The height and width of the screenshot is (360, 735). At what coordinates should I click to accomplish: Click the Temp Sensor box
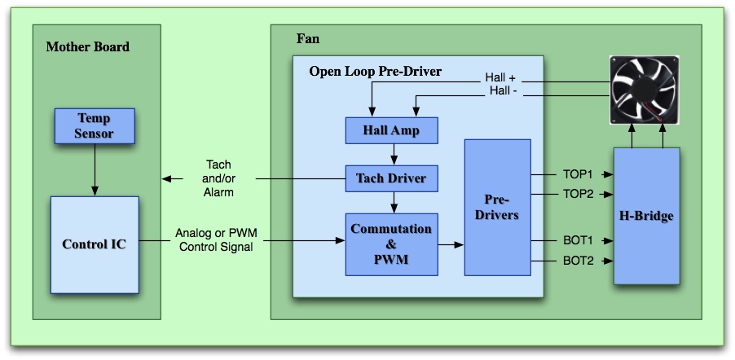95,125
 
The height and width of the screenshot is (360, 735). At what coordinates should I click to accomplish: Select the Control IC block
95,244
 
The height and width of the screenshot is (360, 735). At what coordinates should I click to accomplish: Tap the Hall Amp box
391,130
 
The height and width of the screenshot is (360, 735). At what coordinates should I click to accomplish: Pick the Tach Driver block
391,178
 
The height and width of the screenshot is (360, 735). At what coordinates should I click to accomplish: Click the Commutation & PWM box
391,244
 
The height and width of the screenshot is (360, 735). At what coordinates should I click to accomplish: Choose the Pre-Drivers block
497,207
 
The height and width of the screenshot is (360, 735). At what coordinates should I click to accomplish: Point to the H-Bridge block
646,216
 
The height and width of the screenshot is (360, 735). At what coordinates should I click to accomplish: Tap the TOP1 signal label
578,174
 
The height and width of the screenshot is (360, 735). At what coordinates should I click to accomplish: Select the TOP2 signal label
578,194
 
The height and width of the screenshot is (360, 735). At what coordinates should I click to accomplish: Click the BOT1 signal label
578,241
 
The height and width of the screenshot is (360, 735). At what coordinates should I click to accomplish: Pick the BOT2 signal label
578,261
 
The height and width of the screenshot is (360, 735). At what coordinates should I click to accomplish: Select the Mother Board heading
87,46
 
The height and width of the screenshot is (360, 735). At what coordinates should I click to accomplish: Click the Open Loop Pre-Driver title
375,72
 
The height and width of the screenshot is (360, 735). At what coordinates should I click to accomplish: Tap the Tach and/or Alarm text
218,178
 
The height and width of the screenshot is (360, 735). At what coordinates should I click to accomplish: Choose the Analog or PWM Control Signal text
215,240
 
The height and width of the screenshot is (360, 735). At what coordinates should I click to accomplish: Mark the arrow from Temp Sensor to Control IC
95,168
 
